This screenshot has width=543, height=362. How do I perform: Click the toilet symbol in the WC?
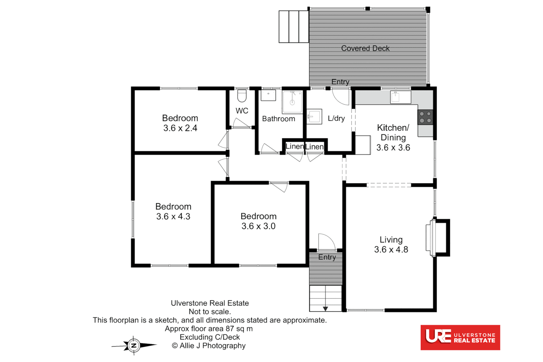point(242,96)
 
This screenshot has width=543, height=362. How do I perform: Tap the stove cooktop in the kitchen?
point(425,117)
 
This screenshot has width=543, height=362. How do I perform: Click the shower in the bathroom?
point(292,102)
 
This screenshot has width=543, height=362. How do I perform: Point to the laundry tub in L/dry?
point(314,117)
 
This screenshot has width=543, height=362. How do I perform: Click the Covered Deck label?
point(365,48)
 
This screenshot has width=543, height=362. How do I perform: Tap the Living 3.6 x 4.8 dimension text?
point(391,249)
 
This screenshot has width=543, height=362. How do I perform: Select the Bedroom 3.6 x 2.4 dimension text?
point(180,128)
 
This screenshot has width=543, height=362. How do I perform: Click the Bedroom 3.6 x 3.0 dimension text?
point(258,226)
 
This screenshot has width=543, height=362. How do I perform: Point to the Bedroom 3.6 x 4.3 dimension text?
point(173,217)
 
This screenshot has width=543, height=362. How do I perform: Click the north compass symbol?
point(134,345)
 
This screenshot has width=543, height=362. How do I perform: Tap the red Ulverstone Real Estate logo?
point(460,337)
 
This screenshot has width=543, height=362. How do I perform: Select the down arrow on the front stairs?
point(325,309)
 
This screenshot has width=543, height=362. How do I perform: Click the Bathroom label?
point(279,119)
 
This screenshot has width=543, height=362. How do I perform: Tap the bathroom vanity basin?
point(268,95)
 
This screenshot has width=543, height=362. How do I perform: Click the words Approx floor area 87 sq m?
point(208,328)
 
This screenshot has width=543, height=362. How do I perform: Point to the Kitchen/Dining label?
point(393,132)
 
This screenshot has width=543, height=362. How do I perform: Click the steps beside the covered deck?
point(294,27)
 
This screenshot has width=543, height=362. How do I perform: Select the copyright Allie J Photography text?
point(208,346)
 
